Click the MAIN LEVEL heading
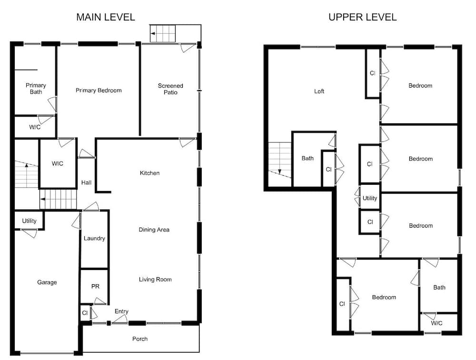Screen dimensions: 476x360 pyautogui.click(x=106, y=17)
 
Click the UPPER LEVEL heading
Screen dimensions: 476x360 pyautogui.click(x=362, y=17)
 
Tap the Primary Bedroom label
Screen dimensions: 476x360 pyautogui.click(x=99, y=90)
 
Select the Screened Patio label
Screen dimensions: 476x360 pyautogui.click(x=170, y=89)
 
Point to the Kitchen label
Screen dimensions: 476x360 pyautogui.click(x=149, y=173)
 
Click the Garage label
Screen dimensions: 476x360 pyautogui.click(x=47, y=282)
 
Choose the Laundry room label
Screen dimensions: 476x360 pyautogui.click(x=94, y=239)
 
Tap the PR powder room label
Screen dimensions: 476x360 pyautogui.click(x=95, y=286)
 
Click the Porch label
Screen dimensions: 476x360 pyautogui.click(x=140, y=339)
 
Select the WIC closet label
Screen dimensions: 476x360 pyautogui.click(x=58, y=163)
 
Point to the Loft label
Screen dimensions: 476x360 pyautogui.click(x=319, y=91)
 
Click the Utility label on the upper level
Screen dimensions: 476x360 pyautogui.click(x=370, y=198)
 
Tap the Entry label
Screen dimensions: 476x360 pyautogui.click(x=121, y=311)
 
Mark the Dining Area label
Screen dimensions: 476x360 pyautogui.click(x=154, y=230)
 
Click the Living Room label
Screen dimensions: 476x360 pyautogui.click(x=155, y=280)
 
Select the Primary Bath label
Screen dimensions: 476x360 pyautogui.click(x=36, y=89)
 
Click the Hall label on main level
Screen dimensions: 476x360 pyautogui.click(x=86, y=182)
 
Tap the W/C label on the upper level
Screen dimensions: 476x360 pyautogui.click(x=436, y=323)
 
